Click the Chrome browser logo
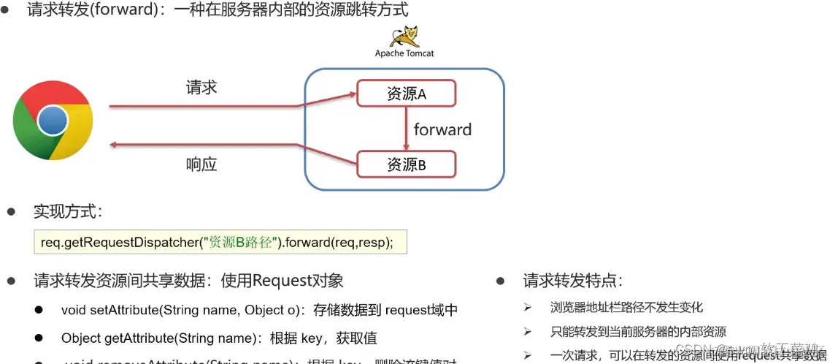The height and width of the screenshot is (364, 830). tap(53, 121)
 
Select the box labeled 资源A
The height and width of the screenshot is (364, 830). tap(406, 94)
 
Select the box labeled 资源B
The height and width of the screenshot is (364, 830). tap(406, 164)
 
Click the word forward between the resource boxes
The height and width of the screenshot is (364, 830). tap(442, 130)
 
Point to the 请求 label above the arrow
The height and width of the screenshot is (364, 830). tap(201, 88)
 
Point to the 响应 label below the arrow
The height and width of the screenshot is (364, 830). tap(201, 164)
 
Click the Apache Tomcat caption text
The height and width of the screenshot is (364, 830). tap(404, 53)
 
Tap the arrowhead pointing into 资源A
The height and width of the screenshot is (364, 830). tap(351, 94)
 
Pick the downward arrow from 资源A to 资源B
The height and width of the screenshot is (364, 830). tap(406, 129)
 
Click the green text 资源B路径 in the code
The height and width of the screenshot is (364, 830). tap(241, 243)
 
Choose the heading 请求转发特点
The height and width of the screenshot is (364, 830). tap(572, 281)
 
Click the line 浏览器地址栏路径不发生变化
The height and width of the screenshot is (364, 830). tap(627, 308)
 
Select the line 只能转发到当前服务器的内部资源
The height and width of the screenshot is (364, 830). tap(638, 332)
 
